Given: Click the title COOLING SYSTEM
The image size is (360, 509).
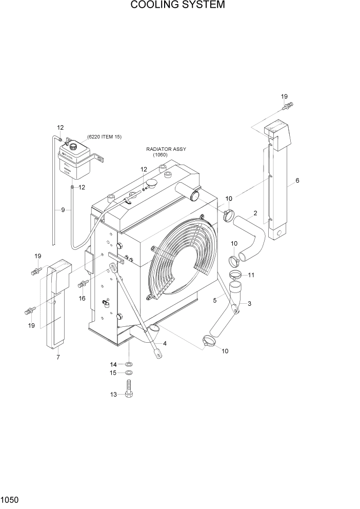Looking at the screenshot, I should [x=177, y=6].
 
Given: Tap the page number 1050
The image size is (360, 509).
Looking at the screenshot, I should [x=11, y=498].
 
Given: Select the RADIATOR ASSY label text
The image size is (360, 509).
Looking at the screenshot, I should [x=166, y=149].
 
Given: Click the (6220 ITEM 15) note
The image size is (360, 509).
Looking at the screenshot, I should [x=104, y=136].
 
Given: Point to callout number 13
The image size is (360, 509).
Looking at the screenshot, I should [x=114, y=394].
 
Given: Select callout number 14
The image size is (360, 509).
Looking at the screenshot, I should [x=114, y=364].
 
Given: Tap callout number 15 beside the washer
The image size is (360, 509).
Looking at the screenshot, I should [x=114, y=373].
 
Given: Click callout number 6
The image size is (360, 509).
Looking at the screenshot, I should [x=297, y=181].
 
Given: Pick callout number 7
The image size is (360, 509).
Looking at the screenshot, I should [x=58, y=357].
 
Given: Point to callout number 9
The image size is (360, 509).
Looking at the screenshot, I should [x=63, y=209].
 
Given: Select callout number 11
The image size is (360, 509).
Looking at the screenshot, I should [x=251, y=275].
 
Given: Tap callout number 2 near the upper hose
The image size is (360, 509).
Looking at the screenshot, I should [x=255, y=213].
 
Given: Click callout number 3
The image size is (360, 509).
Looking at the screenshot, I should [x=249, y=304].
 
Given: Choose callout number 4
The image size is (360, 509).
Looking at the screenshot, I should [x=165, y=343].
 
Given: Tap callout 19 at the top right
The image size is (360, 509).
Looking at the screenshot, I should [x=284, y=96].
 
